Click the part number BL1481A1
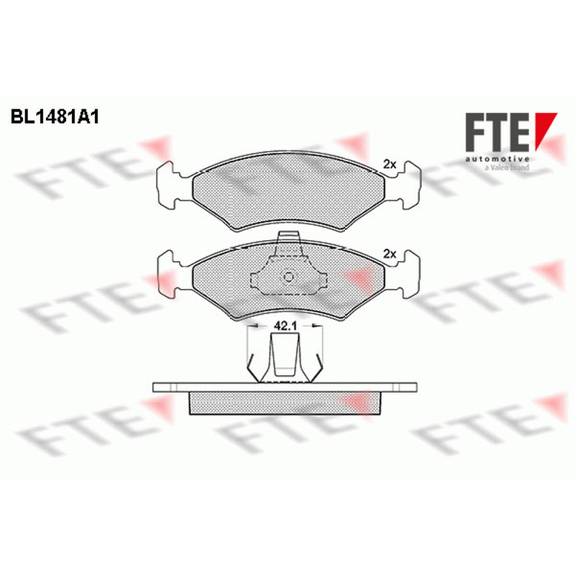tap(55, 117)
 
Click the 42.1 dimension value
tap(285, 326)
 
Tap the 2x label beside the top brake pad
tap(390, 165)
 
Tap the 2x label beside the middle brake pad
tap(390, 254)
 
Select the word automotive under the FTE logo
tap(497, 159)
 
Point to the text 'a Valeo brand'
tap(507, 167)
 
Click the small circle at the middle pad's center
tap(289, 277)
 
